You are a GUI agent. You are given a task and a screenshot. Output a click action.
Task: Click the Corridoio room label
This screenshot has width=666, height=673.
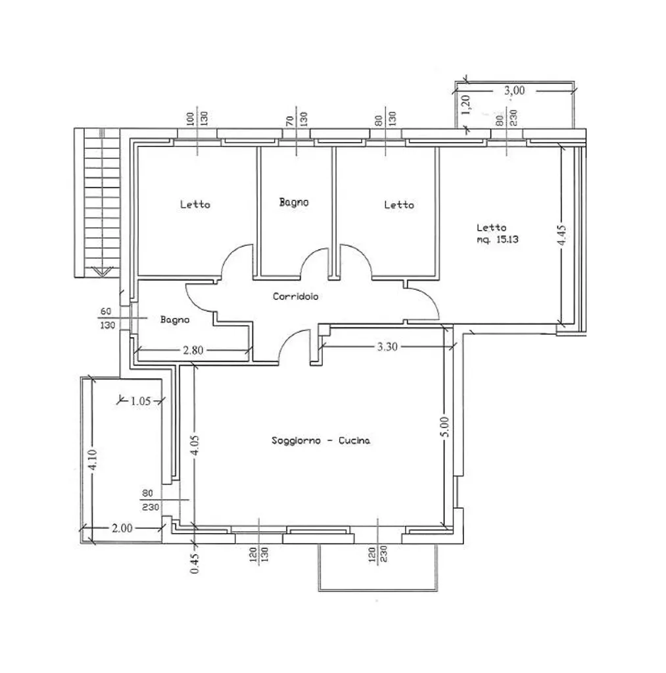coord(295,296)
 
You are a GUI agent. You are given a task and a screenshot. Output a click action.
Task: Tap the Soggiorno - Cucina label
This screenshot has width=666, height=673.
coord(321,440)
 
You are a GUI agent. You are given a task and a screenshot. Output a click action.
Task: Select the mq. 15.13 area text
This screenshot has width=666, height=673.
coord(497,239)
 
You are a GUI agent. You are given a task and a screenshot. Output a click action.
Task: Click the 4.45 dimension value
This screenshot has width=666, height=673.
coord(561,236)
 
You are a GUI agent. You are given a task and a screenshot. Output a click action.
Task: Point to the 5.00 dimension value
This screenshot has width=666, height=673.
coord(445,427)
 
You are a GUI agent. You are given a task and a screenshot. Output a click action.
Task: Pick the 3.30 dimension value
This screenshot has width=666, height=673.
coord(387,346)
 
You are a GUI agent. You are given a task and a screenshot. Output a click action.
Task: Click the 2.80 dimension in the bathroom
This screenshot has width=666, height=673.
coord(193,350)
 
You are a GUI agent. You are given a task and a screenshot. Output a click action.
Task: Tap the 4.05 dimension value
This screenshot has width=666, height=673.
coord(195,446)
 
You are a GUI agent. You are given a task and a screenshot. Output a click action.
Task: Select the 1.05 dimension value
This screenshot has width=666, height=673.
coord(141,402)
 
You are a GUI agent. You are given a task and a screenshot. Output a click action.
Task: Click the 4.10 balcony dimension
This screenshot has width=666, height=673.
coord(93,459)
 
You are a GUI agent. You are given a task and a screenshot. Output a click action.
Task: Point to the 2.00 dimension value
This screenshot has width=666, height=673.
coord(122,528)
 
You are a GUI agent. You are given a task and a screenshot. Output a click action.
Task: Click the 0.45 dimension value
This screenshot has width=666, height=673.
coord(195,563)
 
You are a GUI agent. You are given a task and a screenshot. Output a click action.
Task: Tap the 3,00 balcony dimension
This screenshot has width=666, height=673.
coord(514,91)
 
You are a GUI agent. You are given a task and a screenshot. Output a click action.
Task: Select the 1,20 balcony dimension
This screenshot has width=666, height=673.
coord(466,104)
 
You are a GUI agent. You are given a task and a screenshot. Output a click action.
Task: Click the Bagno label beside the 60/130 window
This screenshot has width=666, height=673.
coord(175,320)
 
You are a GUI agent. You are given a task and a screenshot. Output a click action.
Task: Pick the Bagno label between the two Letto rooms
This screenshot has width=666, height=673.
coord(294,202)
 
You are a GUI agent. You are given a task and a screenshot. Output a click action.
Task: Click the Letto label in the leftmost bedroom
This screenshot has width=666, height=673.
coord(195,204)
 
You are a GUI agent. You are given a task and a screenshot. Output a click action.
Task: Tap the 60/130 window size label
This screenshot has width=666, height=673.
coord(107,318)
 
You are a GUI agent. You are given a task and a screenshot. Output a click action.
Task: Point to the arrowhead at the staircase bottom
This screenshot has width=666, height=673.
coord(102,271)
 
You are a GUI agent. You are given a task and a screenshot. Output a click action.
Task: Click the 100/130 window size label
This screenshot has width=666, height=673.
coord(197,118)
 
